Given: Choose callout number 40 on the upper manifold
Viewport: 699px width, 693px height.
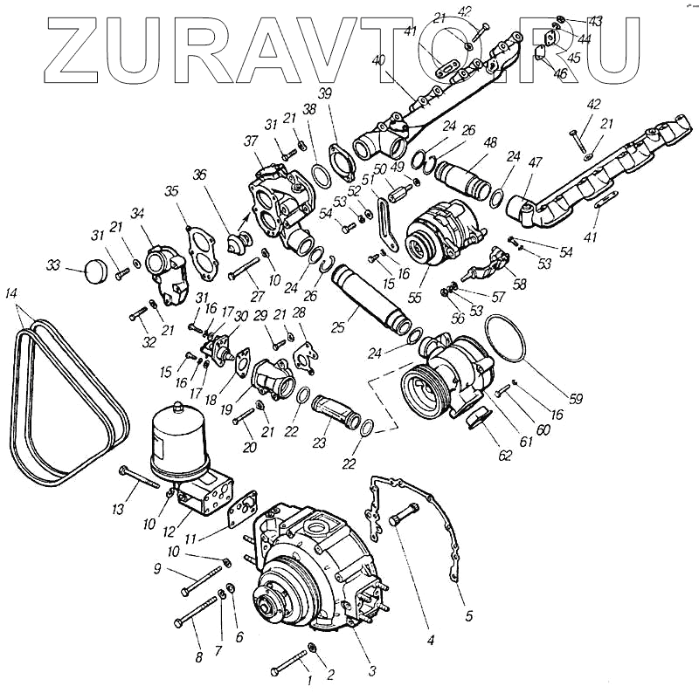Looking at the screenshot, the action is pos(377,61).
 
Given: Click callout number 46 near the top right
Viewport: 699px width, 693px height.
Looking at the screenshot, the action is pos(560,74).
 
